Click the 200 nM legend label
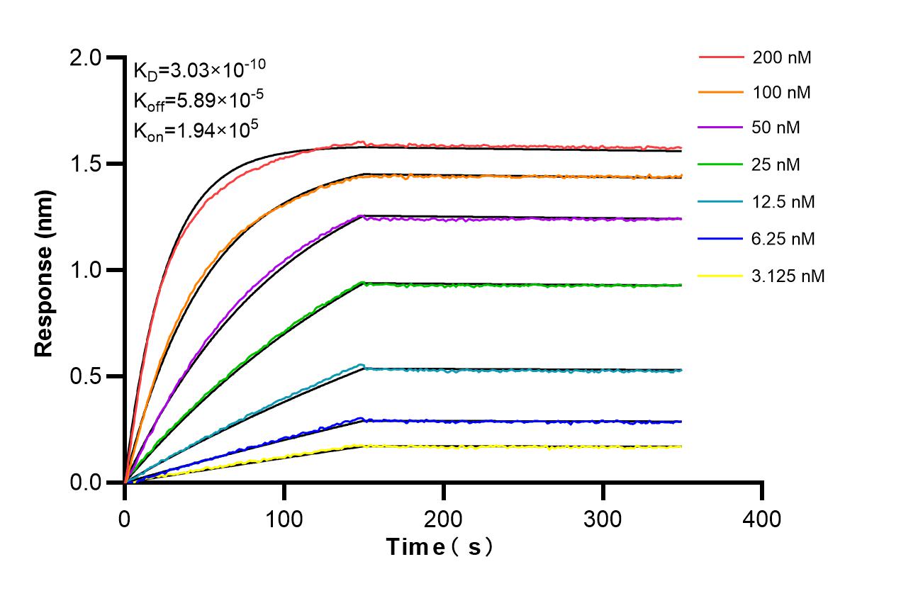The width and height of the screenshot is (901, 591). [x=782, y=57]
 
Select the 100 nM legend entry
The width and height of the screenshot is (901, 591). [x=782, y=92]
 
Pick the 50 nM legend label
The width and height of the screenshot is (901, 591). [x=778, y=128]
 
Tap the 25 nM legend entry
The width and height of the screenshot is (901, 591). [x=778, y=165]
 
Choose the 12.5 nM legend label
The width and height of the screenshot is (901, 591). [x=784, y=202]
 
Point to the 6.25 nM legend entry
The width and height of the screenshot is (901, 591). [x=784, y=239]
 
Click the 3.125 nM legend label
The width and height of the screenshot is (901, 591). [x=788, y=276]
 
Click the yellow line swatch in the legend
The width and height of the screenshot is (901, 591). [x=720, y=276]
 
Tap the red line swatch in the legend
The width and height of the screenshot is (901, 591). [x=720, y=57]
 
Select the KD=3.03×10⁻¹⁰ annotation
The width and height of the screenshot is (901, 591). [x=200, y=69]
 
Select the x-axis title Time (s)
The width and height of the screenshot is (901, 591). [x=440, y=547]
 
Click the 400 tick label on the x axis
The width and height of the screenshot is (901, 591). [x=762, y=519]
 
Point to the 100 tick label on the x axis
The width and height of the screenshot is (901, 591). [x=284, y=519]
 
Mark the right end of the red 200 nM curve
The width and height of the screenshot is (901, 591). [x=681, y=147]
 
